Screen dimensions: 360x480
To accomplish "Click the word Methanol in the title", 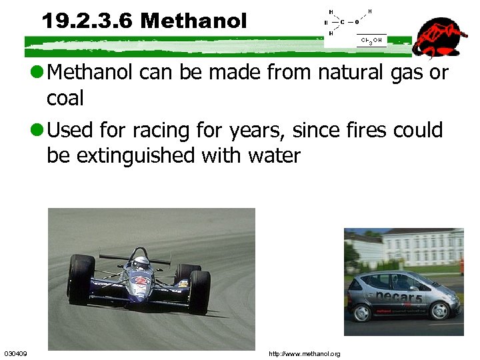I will (x=193, y=21).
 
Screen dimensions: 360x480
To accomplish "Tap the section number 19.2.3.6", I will (x=88, y=21).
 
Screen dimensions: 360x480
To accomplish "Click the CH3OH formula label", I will (x=371, y=41).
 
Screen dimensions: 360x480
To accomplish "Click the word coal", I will (x=65, y=99).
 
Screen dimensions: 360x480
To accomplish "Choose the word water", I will (x=274, y=156).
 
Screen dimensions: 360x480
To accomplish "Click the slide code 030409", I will (x=15, y=353).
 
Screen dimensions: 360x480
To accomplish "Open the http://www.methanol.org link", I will (x=304, y=353).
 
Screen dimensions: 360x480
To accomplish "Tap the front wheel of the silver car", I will (x=439, y=310).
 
